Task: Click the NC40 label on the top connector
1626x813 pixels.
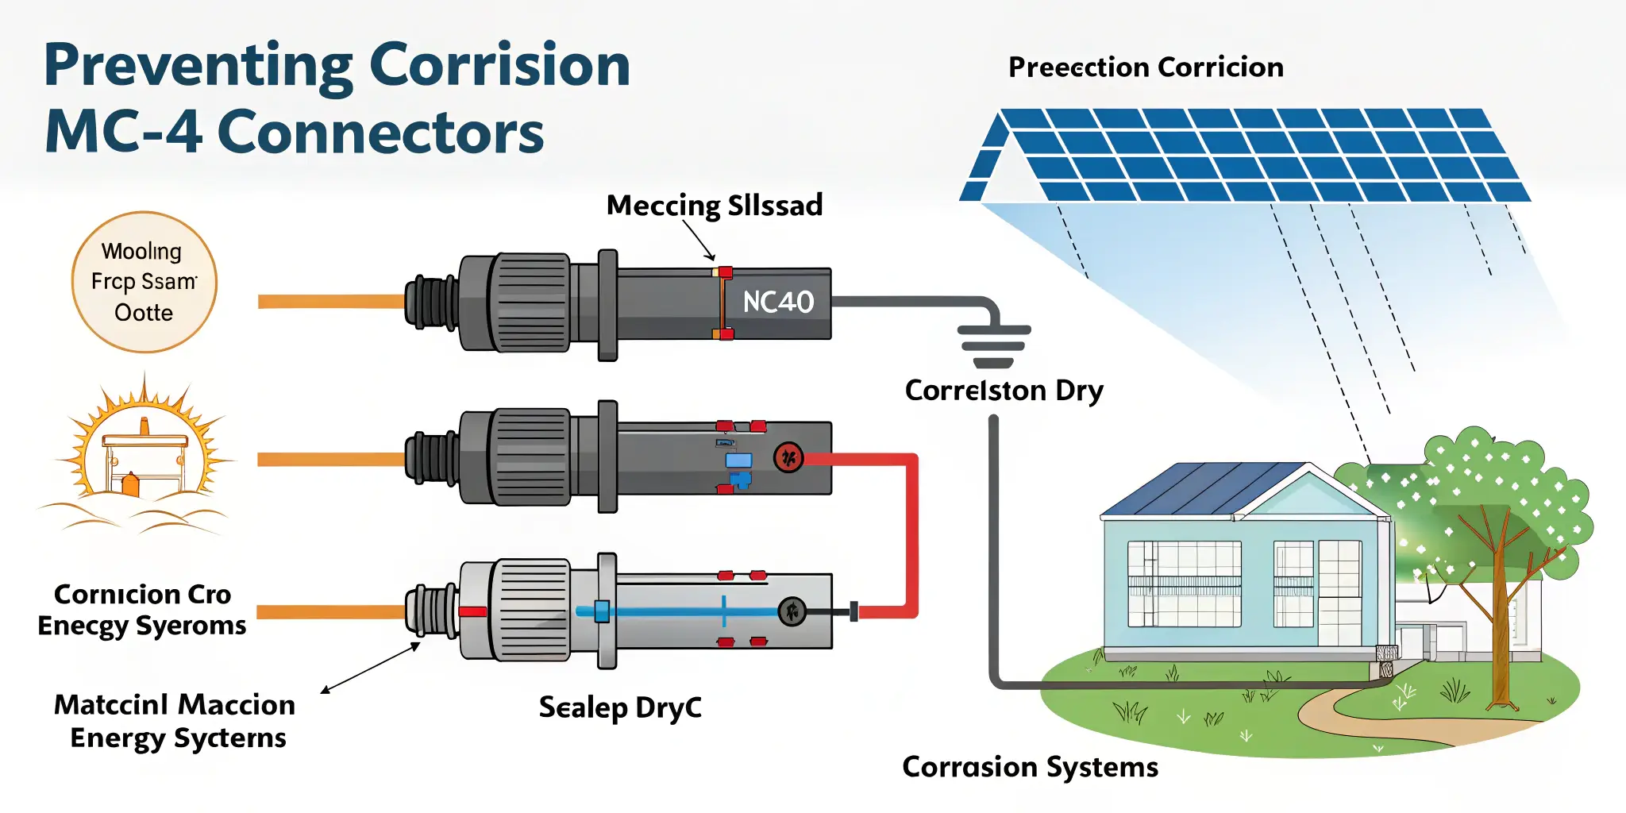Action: click(778, 302)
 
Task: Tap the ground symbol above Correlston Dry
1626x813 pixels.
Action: click(993, 346)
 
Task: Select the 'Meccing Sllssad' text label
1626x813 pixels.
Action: click(715, 206)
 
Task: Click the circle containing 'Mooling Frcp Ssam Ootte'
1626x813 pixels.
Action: click(144, 282)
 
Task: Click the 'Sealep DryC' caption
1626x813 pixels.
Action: click(620, 707)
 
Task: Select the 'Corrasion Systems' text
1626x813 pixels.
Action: click(1030, 767)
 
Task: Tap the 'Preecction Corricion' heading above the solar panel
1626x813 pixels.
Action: click(1146, 67)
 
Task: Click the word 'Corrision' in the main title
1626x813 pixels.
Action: click(500, 65)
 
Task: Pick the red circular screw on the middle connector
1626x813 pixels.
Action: click(788, 457)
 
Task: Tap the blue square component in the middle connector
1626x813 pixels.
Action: click(738, 460)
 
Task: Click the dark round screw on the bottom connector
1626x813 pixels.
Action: click(792, 611)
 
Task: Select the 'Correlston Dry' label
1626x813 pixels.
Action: click(1004, 391)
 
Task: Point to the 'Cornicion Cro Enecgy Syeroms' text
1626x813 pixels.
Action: click(142, 610)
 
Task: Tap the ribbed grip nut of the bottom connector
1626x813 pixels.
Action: click(530, 610)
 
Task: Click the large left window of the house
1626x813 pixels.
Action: click(1184, 584)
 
